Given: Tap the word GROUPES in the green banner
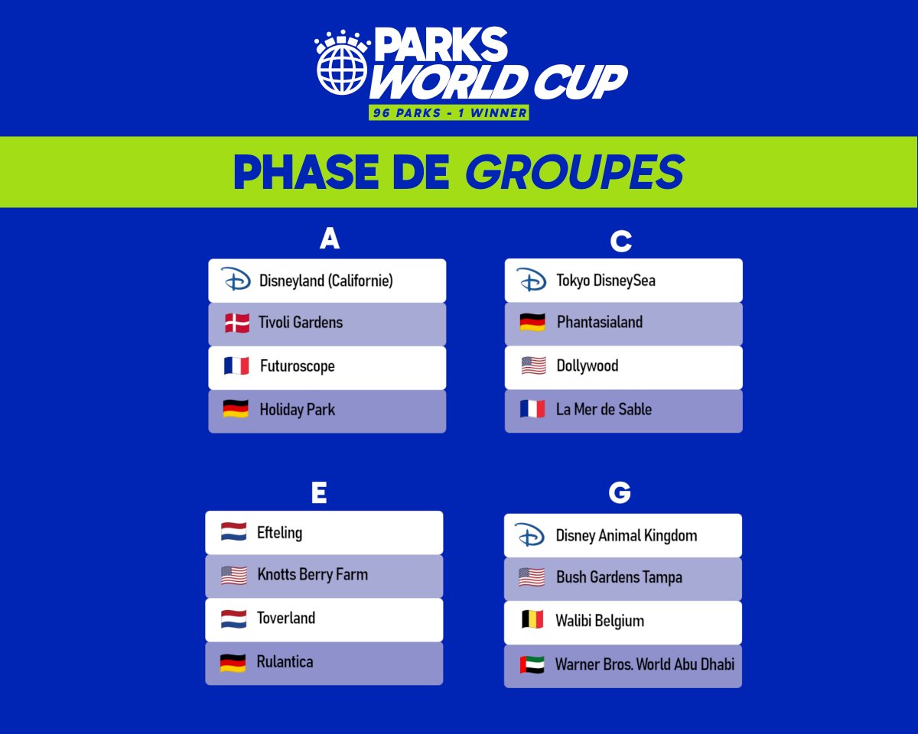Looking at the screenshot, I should pos(574,172).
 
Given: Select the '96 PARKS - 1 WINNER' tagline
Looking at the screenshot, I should pos(448,112).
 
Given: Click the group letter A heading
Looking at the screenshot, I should pos(329,239).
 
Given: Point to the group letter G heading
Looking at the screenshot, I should pos(619,493).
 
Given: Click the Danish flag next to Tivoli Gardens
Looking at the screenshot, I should pos(237,323).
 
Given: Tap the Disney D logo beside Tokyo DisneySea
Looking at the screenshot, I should pos(531,280).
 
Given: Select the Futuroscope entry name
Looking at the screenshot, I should pos(297,366).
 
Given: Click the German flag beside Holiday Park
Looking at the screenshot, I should pos(236,409).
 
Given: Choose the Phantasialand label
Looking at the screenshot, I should pos(599,323).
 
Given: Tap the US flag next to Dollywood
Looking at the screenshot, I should pos(533,366).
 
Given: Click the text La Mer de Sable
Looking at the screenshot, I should pos(604,409).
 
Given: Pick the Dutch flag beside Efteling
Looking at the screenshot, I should pos(233,532).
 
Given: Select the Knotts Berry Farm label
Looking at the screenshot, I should pos(312,575).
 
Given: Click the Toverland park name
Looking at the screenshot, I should pos(286,618).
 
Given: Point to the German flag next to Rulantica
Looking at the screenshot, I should pos(233,662).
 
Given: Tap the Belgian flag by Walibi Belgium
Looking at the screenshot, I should pos(532,621).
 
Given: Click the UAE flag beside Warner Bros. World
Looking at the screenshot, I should pos(532,664).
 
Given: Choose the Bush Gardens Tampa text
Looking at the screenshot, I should pos(619,577).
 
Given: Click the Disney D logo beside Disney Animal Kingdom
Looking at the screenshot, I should pos(530,535).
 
